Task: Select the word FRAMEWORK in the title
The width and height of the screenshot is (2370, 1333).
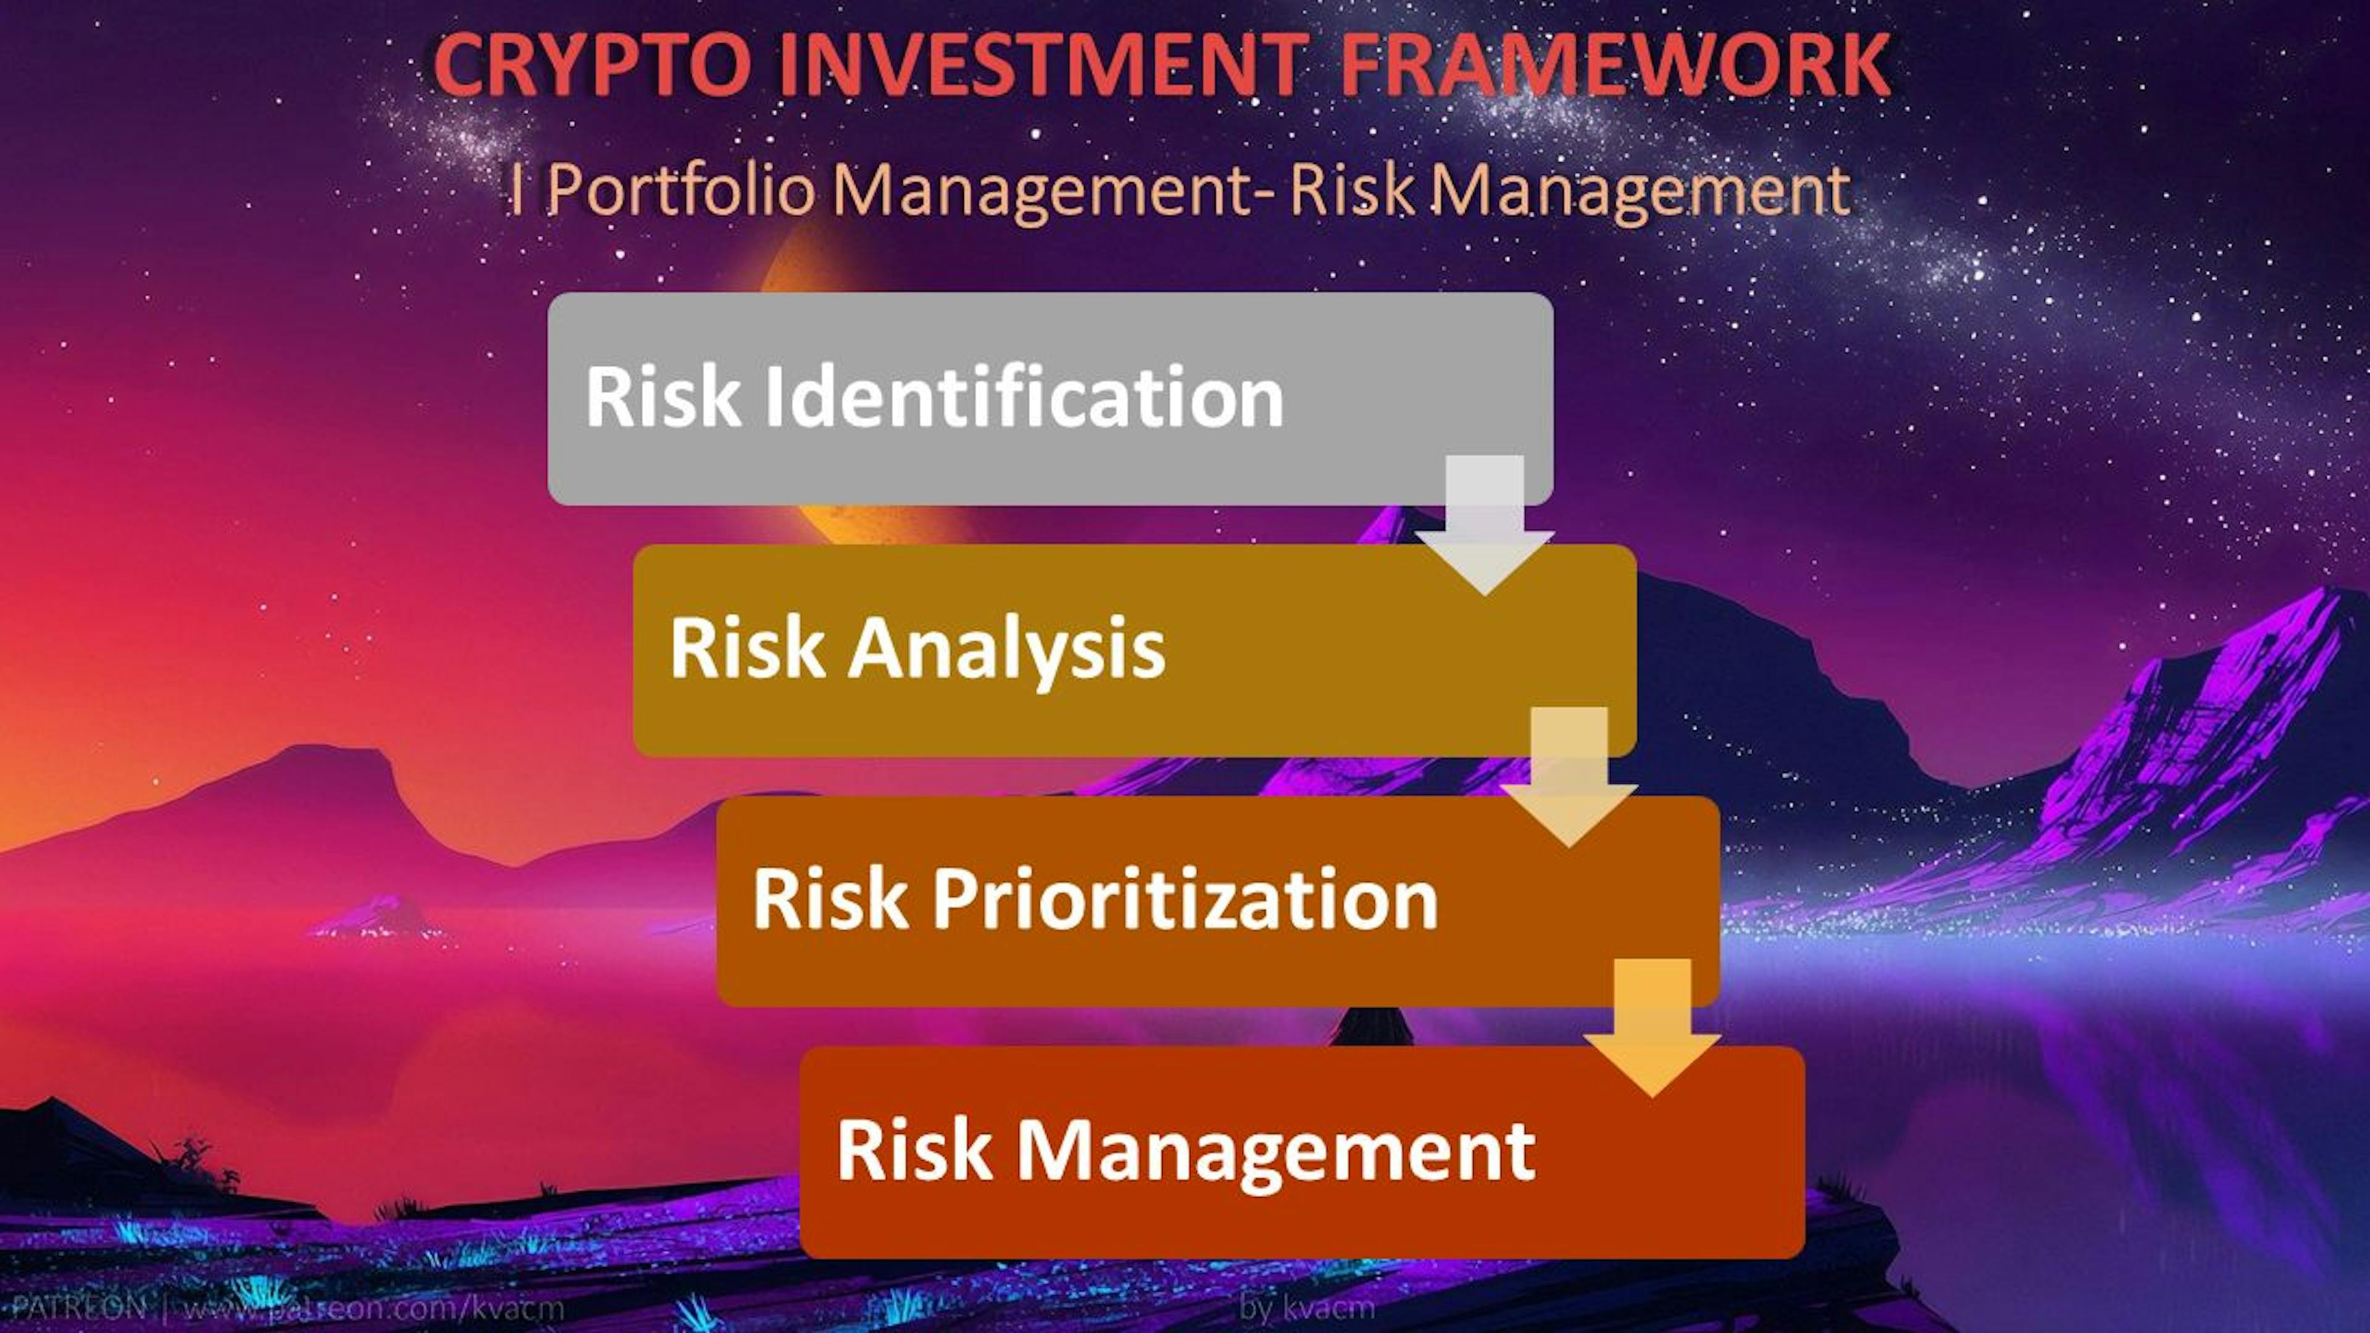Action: click(x=1614, y=64)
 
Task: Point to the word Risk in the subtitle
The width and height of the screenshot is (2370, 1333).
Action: click(x=1352, y=191)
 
